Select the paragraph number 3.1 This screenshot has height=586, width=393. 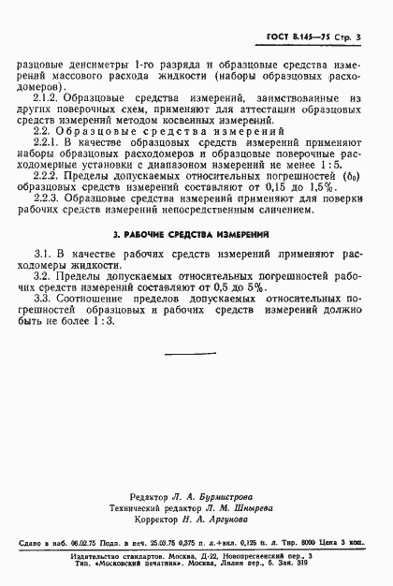41,281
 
